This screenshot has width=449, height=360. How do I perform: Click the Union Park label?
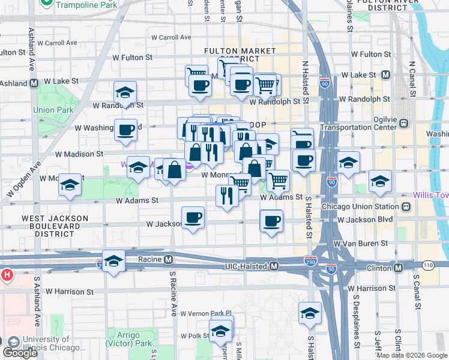[53, 110]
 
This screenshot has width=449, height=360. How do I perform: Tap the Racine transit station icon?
[169, 260]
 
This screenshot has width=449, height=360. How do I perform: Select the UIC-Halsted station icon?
[274, 266]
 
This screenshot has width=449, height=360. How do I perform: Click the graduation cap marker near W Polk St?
[221, 331]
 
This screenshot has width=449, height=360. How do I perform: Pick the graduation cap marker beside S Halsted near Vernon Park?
[310, 313]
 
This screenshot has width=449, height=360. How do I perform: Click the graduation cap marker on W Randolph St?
[125, 93]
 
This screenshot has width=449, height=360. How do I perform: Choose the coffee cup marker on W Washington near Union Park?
[125, 129]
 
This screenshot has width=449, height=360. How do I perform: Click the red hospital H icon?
[7, 275]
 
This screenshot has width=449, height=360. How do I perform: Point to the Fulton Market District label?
[240, 55]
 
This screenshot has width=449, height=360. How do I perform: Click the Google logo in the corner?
[20, 353]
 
